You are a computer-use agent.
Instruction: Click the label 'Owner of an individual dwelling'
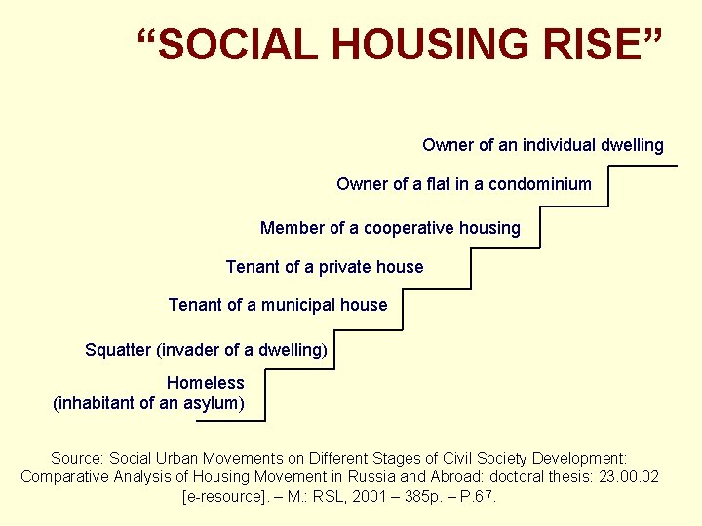pyautogui.click(x=542, y=145)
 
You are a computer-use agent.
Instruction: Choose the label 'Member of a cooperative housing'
pyautogui.click(x=390, y=228)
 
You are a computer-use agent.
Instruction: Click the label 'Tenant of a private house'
pyautogui.click(x=325, y=267)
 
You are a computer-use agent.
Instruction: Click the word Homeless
pyautogui.click(x=205, y=383)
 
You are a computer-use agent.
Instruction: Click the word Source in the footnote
pyautogui.click(x=76, y=458)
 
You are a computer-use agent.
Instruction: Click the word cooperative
pyautogui.click(x=408, y=228)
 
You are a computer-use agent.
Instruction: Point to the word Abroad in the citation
pyautogui.click(x=434, y=477)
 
